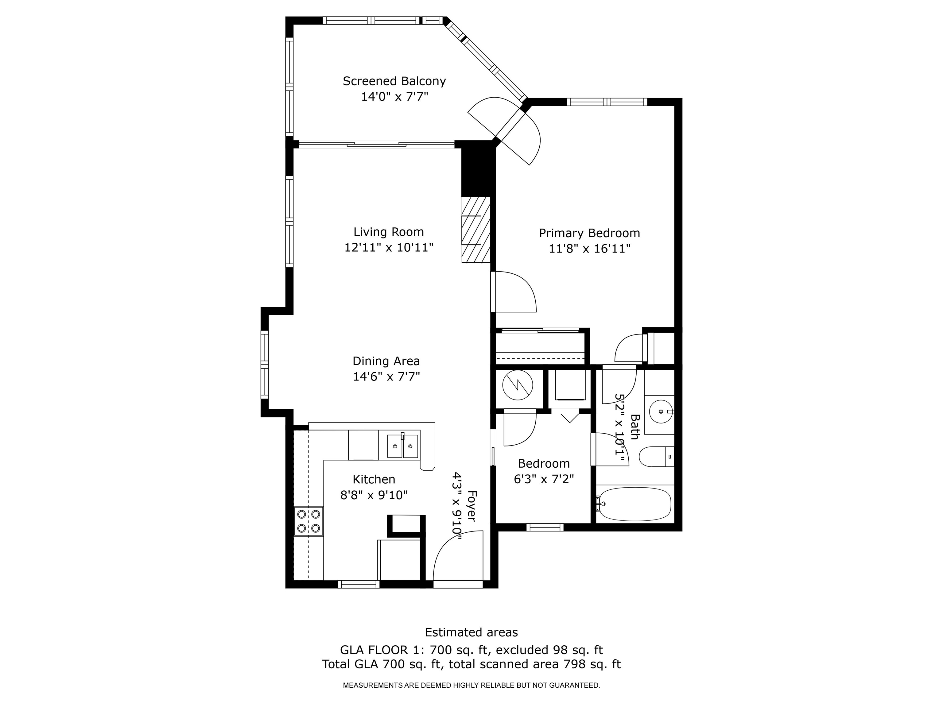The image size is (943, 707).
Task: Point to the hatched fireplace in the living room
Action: [476, 230]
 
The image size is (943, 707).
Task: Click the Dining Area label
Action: [386, 361]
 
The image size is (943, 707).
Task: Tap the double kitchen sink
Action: [402, 446]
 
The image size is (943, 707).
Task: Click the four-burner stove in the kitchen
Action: [309, 521]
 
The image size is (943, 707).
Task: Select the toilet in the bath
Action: [656, 456]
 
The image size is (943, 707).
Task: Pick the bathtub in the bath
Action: [635, 504]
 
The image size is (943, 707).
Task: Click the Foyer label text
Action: [471, 505]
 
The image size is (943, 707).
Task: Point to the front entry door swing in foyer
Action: [458, 556]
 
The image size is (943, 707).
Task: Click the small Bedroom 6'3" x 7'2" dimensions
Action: [544, 479]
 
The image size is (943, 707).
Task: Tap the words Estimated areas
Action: [471, 632]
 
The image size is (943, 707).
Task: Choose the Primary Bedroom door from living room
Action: [514, 292]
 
